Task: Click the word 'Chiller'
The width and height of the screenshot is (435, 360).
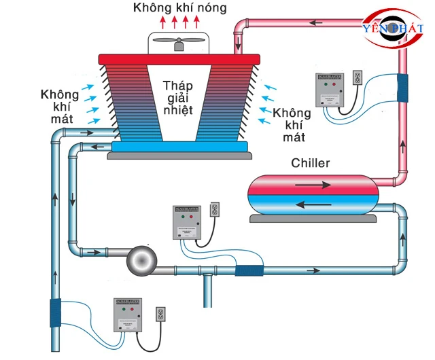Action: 310,164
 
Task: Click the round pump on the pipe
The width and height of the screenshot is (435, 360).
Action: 143,258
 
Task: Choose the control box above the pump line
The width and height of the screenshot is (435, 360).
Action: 187,222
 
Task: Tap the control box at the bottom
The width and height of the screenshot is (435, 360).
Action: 130,315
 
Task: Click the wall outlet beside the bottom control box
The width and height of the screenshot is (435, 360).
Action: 161,314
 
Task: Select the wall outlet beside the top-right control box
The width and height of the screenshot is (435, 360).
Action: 360,78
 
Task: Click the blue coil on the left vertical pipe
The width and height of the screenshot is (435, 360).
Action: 55,314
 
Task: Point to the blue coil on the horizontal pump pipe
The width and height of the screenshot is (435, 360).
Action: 249,270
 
